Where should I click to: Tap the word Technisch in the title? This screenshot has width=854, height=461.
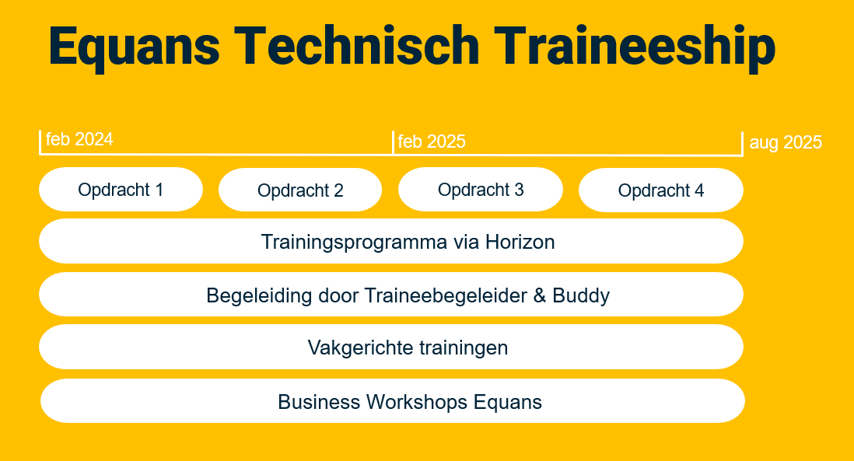pos(357,46)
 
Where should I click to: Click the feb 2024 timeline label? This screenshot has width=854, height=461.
pos(79,139)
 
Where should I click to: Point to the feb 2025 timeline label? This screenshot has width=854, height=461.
pos(432,141)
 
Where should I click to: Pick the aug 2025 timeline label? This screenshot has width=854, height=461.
pos(786,142)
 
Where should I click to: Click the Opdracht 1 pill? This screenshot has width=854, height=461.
pos(121,190)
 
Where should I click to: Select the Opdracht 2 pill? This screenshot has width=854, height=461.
pos(300,190)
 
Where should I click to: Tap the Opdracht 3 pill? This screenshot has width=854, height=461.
pos(481,190)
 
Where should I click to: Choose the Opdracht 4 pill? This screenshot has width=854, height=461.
pos(660,190)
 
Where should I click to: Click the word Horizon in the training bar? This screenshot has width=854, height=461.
pos(520,242)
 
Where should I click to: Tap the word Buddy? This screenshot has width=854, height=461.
pos(580,296)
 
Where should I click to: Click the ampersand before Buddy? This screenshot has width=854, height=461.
pos(540,295)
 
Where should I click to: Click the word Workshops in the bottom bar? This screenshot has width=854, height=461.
pos(417,402)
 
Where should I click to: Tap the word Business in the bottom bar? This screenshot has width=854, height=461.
pos(319,402)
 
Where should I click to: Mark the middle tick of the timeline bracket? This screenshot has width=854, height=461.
pos(393,142)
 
